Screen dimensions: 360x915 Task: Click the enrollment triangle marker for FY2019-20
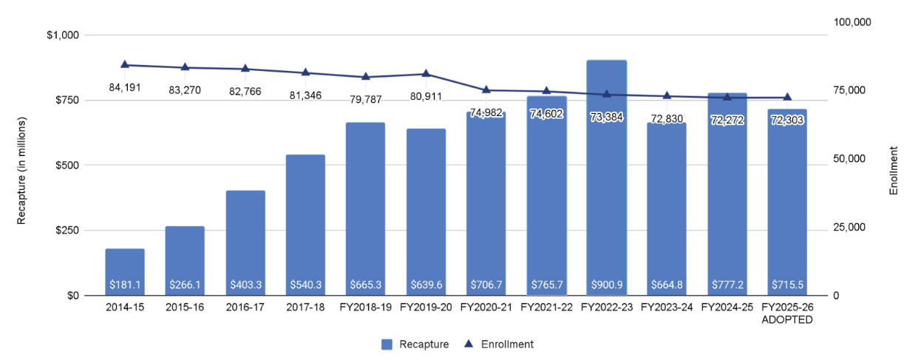point(426,73)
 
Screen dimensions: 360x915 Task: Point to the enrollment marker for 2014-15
point(125,64)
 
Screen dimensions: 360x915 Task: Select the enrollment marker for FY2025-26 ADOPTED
point(787,97)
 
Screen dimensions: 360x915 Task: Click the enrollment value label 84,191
point(125,86)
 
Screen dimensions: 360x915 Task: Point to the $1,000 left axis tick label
point(64,35)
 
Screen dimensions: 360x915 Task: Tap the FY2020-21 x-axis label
point(486,307)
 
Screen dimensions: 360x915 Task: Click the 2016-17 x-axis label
point(245,307)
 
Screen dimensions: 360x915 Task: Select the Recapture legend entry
point(415,344)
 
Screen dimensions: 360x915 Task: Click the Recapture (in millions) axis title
point(23,169)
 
